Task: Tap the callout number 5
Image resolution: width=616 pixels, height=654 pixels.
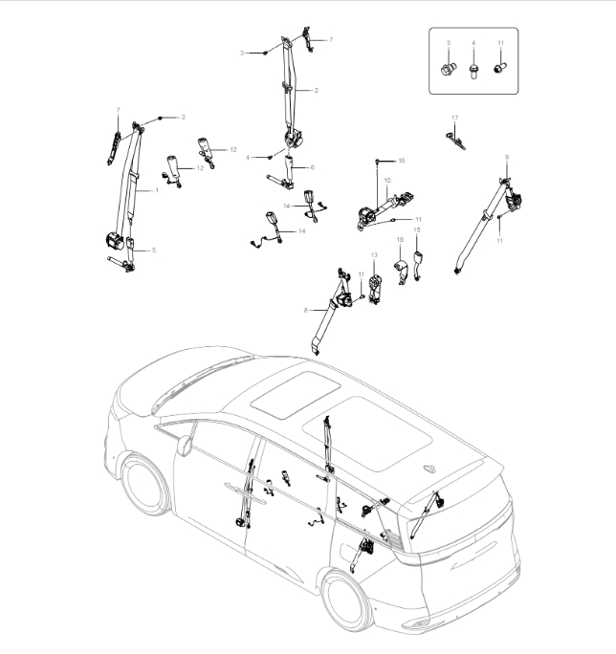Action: click(x=154, y=251)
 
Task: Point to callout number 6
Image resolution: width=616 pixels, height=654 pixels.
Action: click(x=311, y=167)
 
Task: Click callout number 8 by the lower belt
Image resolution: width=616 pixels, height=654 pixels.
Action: click(x=304, y=311)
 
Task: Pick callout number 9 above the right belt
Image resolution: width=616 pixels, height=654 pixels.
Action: click(x=506, y=156)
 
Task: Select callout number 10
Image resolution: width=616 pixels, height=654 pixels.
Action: click(x=387, y=180)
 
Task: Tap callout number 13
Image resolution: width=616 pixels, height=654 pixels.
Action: click(x=375, y=255)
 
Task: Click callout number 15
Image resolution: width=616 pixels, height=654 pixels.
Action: click(x=416, y=230)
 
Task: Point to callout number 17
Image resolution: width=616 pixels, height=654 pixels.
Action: click(x=455, y=118)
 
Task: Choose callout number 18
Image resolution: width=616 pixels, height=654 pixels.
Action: click(x=402, y=160)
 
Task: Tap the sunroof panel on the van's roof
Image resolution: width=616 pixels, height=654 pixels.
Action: click(x=297, y=394)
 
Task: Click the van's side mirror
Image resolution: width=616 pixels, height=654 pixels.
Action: click(x=185, y=442)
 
